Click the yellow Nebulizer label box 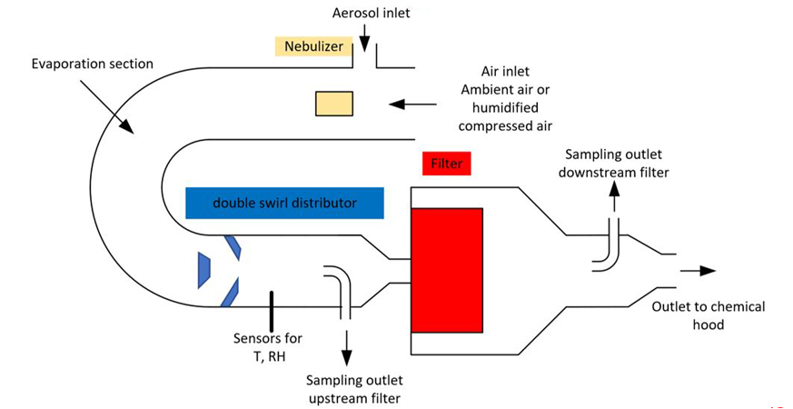tap(313, 45)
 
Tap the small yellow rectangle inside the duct tap(333, 104)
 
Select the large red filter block tap(446, 269)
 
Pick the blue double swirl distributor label tap(283, 204)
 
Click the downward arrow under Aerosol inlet tap(363, 38)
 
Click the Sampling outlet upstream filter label tap(354, 388)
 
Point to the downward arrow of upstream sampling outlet tap(345, 343)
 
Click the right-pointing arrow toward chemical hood tap(697, 270)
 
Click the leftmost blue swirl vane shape tap(204, 271)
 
